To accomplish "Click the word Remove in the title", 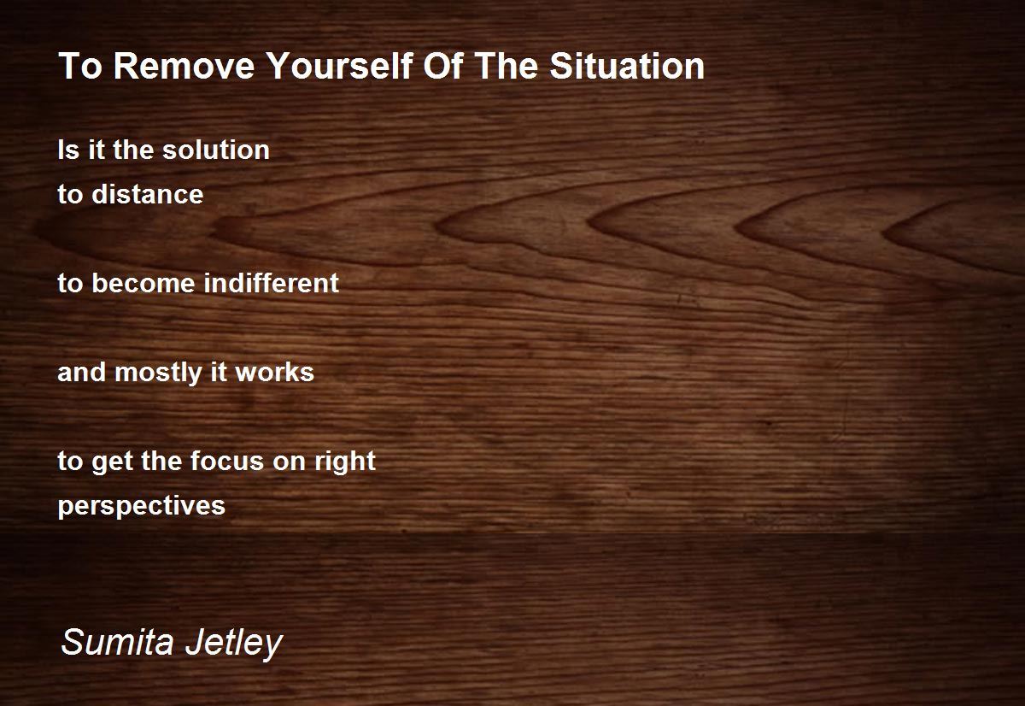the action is tap(184, 66).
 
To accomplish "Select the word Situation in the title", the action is tap(627, 66).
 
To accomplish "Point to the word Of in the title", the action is tap(443, 66).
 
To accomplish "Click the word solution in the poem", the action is tap(216, 150).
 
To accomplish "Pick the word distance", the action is tap(147, 194).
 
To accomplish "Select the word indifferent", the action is tap(272, 283).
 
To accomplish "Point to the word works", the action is tap(274, 372).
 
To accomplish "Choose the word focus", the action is tap(227, 461).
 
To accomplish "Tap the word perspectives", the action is tap(142, 506).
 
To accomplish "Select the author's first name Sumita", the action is tap(118, 641).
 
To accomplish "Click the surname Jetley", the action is tap(234, 644).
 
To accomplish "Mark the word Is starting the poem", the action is tap(68, 150).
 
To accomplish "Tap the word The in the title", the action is tap(506, 66).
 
